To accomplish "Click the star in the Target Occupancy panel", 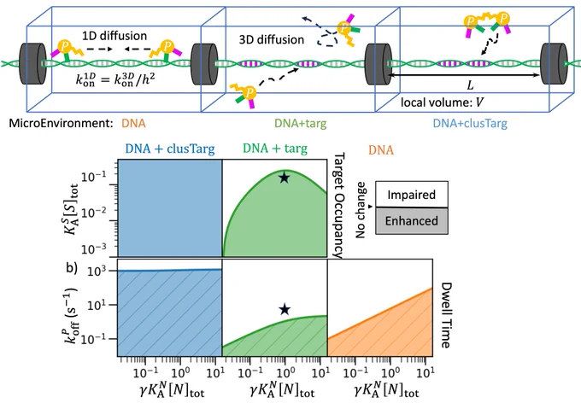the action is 285,178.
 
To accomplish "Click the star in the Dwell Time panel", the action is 285,309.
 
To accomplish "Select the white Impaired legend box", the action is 412,194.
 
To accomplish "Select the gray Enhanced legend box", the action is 412,221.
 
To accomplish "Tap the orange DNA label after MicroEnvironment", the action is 133,123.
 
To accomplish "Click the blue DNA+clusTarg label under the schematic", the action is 470,123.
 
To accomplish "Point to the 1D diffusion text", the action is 114,36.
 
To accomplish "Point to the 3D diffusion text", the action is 272,39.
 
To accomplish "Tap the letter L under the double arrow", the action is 470,85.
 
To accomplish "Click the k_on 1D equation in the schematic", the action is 115,79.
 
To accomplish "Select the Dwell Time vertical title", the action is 446,315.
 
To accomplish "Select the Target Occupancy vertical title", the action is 338,205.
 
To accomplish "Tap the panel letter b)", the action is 72,267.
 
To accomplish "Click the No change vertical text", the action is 361,210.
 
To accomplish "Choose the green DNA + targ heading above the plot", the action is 275,149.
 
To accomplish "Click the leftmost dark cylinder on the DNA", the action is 32,64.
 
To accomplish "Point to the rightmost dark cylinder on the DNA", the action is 553,63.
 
